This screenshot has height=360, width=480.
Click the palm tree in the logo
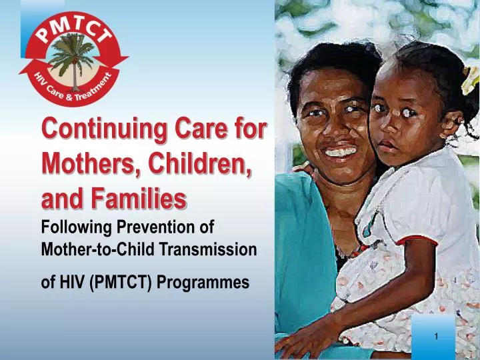pyautogui.click(x=73, y=60)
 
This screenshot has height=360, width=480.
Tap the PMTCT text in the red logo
pyautogui.click(x=73, y=29)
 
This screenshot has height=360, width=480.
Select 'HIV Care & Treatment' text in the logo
pyautogui.click(x=73, y=87)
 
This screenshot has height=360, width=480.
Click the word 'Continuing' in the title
pyautogui.click(x=105, y=129)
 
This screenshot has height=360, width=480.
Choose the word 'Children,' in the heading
pyautogui.click(x=200, y=163)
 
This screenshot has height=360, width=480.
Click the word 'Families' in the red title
pyautogui.click(x=139, y=198)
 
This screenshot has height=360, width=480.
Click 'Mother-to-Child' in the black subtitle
pyautogui.click(x=97, y=249)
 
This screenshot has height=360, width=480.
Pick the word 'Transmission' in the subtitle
pyautogui.click(x=208, y=249)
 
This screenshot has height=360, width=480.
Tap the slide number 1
pyautogui.click(x=436, y=337)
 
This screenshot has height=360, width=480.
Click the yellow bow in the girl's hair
pyautogui.click(x=470, y=80)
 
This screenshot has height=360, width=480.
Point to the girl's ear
pyautogui.click(x=449, y=125)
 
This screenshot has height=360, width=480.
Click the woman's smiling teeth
pyautogui.click(x=341, y=152)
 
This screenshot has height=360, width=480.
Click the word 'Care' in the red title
pyautogui.click(x=201, y=129)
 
